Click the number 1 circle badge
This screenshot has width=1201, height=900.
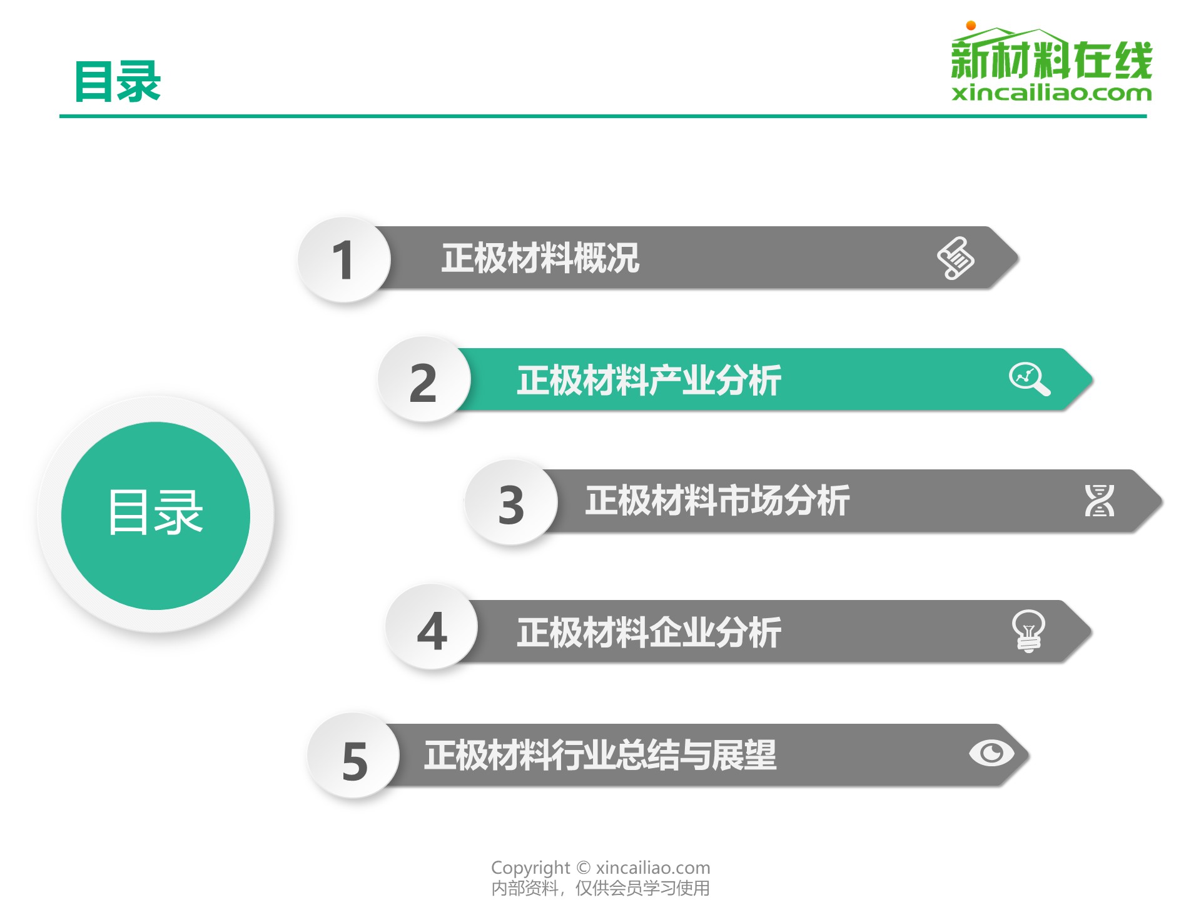[x=343, y=259]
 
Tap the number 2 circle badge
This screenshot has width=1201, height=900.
[x=423, y=379]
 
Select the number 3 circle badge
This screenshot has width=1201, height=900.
[x=511, y=502]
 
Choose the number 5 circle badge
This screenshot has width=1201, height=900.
[x=353, y=756]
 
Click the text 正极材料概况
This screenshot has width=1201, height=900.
[x=540, y=257]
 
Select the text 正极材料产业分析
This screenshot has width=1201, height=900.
[x=649, y=380]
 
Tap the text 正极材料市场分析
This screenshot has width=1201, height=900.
[x=717, y=501]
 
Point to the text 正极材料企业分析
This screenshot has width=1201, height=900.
[x=649, y=632]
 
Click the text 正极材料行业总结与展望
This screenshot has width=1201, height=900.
[x=600, y=755]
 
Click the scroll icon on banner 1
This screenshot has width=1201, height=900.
[x=955, y=257]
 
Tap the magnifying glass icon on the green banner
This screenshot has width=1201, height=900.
[x=1030, y=379]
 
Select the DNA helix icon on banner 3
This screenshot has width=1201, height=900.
[x=1099, y=501]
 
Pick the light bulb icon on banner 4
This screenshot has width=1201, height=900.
[x=1028, y=631]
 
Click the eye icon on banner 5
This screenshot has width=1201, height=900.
[x=991, y=752]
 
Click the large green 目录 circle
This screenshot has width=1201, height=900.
[x=156, y=516]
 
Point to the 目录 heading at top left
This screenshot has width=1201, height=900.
[x=118, y=81]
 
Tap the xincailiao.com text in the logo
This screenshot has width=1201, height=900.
[x=1052, y=93]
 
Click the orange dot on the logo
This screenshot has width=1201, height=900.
[x=971, y=26]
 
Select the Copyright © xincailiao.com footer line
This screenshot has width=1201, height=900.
[x=600, y=867]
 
